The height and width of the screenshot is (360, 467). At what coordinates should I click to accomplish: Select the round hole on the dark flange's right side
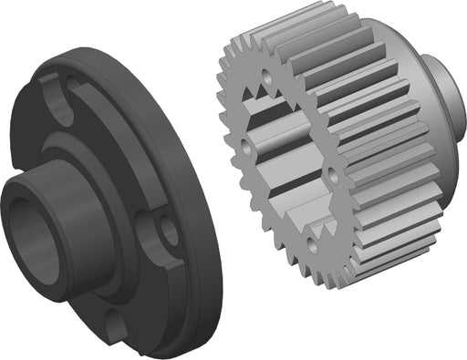(x=168, y=231)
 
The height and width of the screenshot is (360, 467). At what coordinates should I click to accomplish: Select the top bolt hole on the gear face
(x=266, y=78)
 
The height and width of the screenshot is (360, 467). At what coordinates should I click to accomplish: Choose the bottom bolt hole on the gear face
(x=310, y=242)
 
